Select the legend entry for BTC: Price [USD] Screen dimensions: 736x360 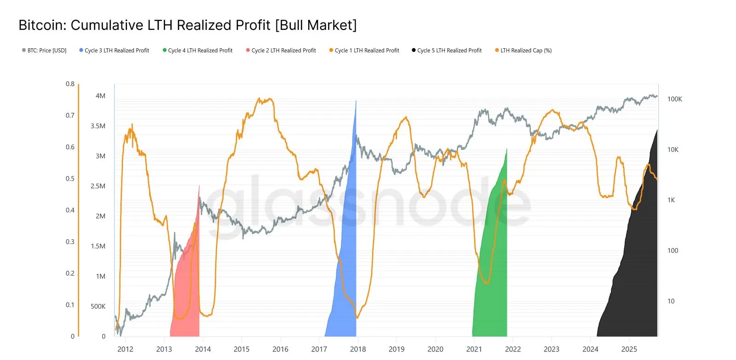[44, 50]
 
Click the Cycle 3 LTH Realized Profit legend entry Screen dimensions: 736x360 [114, 50]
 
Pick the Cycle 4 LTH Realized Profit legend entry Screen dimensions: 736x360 [197, 50]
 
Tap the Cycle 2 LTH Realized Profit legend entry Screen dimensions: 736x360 [281, 50]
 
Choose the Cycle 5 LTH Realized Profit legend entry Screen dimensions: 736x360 [447, 50]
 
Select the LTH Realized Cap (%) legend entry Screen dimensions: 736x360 [523, 50]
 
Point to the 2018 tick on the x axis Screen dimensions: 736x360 [358, 349]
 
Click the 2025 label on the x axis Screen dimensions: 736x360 [629, 349]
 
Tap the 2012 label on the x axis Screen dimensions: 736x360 [125, 349]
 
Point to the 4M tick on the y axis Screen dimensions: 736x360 [100, 96]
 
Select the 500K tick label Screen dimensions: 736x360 [98, 307]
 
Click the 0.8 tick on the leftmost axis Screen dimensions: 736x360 [70, 84]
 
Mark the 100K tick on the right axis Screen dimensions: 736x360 [674, 99]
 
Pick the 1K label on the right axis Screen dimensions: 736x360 [671, 200]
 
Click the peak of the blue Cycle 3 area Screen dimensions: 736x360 [356, 101]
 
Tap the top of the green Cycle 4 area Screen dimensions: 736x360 [506, 149]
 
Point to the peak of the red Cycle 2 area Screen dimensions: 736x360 [199, 186]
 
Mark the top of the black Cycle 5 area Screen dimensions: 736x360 [657, 131]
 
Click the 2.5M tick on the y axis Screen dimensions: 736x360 [98, 186]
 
